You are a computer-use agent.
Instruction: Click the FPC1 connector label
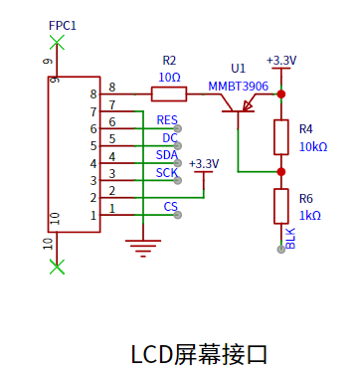(x=63, y=26)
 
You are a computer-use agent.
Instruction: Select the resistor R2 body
(x=169, y=94)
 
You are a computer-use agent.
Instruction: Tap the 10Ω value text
(x=169, y=78)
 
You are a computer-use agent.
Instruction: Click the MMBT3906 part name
(x=238, y=87)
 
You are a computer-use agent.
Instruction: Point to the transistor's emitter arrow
(x=248, y=105)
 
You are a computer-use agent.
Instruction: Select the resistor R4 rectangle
(x=281, y=137)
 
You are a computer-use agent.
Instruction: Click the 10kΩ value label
(x=313, y=146)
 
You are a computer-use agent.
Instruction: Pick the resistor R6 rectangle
(x=281, y=206)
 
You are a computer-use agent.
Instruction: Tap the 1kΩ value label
(x=310, y=216)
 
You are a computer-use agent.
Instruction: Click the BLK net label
(x=290, y=239)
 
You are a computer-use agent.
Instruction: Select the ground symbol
(x=143, y=248)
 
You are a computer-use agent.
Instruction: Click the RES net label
(x=167, y=120)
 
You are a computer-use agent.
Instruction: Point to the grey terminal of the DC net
(x=178, y=145)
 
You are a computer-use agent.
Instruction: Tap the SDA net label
(x=167, y=155)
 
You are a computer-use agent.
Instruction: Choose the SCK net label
(x=167, y=173)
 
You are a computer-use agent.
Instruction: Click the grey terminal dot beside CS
(x=178, y=215)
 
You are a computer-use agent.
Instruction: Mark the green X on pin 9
(x=57, y=43)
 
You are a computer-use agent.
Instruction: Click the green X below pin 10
(x=57, y=267)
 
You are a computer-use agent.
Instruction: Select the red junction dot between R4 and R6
(x=281, y=172)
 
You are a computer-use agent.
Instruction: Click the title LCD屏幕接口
(x=199, y=354)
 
